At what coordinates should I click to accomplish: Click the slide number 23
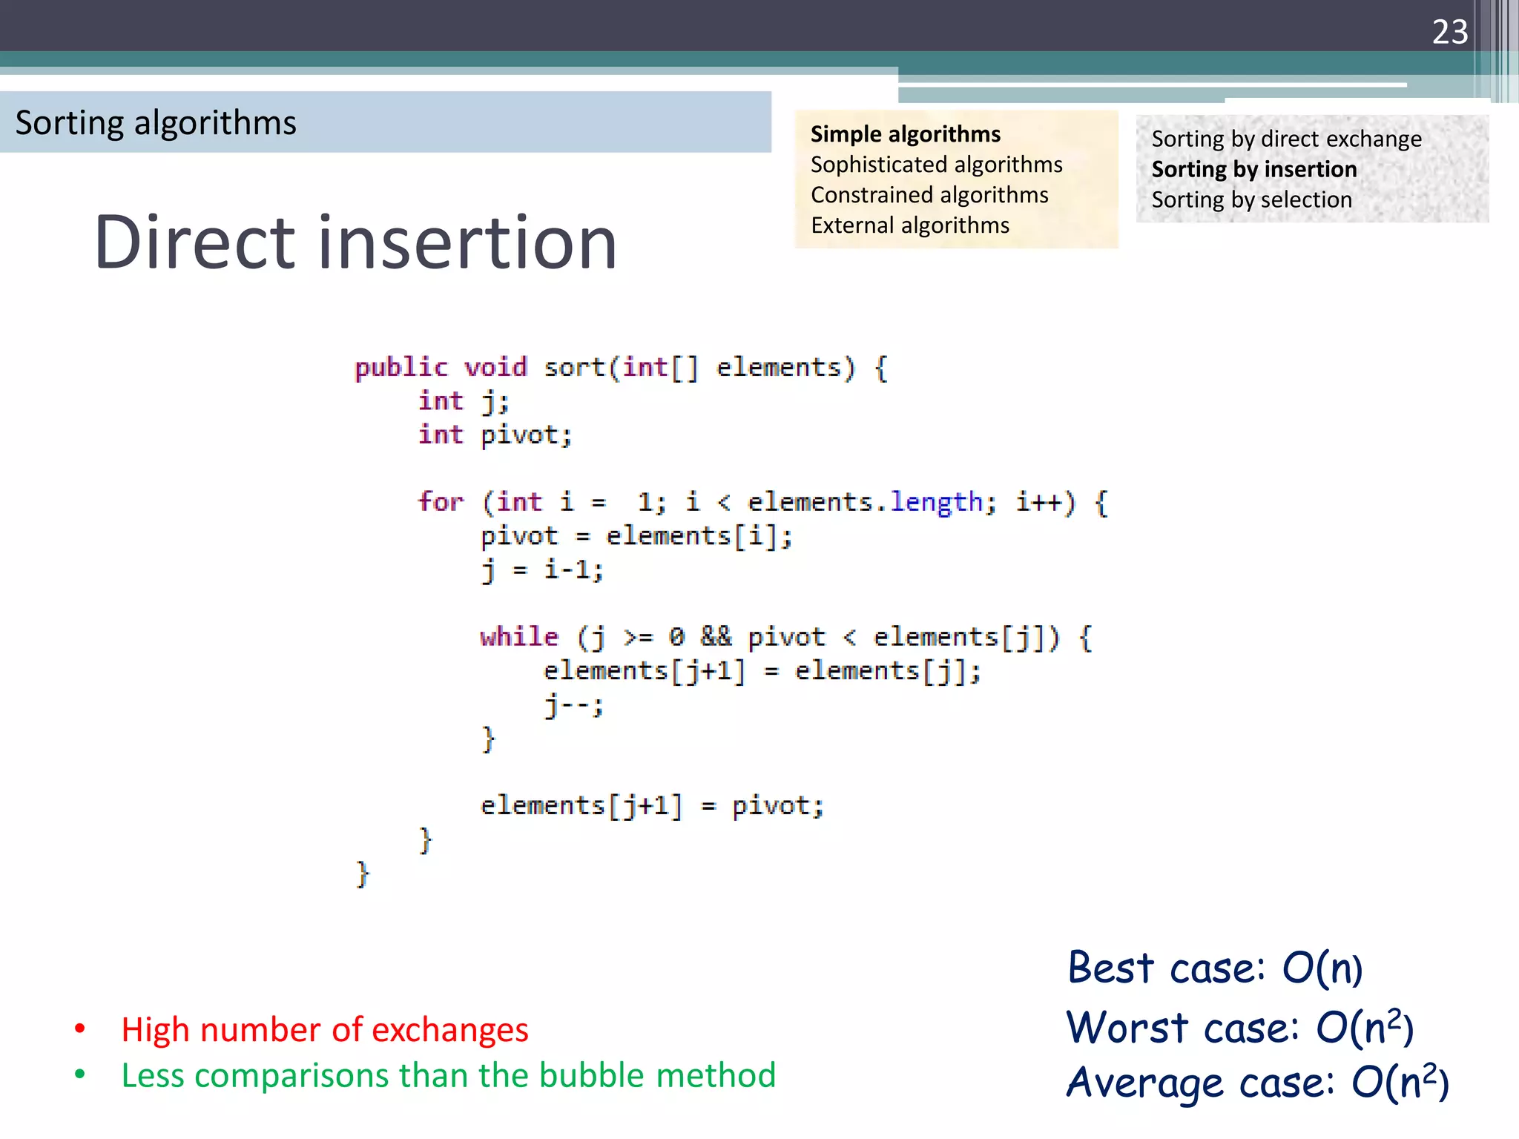click(1449, 32)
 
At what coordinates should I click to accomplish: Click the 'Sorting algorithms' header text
click(156, 122)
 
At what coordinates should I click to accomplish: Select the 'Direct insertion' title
click(355, 242)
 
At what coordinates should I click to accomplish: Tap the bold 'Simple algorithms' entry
click(905, 134)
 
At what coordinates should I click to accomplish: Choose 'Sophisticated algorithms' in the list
click(936, 165)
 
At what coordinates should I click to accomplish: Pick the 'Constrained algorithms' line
click(929, 195)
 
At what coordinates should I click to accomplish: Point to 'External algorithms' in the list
click(910, 225)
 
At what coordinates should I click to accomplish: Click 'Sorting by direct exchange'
click(1286, 139)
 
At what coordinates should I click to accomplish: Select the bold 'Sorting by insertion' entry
click(1254, 170)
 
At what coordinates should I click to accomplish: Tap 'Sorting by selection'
click(1251, 200)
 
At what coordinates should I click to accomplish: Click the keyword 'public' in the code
click(401, 368)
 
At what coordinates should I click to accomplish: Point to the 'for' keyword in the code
click(441, 502)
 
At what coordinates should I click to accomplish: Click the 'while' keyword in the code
click(518, 637)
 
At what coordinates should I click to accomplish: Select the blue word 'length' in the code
click(936, 503)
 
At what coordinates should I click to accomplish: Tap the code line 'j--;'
click(573, 705)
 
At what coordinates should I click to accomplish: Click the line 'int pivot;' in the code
click(495, 435)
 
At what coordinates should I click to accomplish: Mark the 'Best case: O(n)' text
click(1214, 968)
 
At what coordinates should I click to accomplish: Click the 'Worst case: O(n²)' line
click(1239, 1028)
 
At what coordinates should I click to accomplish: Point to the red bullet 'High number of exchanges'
click(325, 1030)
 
